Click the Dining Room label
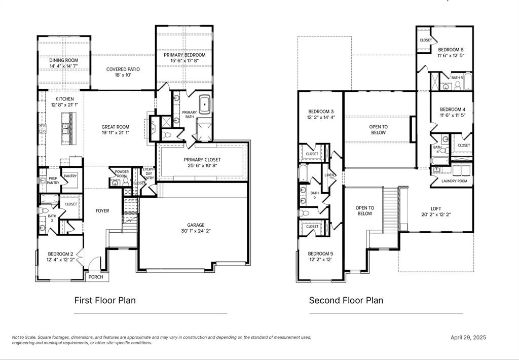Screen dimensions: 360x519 pos(63,60)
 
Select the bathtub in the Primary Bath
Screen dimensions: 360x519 pos(205,103)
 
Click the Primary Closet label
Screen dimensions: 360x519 pos(202,160)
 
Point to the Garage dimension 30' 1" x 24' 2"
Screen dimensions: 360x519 pos(196,231)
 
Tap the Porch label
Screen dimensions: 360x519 pos(96,277)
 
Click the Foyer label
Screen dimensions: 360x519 pos(102,211)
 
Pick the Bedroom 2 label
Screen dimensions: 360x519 pos(61,254)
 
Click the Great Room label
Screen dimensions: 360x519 pos(115,127)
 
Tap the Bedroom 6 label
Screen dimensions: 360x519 pos(451,49)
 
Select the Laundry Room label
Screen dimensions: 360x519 pos(454,181)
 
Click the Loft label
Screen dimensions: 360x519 pos(436,208)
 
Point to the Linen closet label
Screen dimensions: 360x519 pos(329,175)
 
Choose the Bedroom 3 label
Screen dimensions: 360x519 pos(321,112)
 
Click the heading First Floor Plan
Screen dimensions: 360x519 pos(105,300)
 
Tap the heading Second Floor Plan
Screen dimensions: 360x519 pos(346,300)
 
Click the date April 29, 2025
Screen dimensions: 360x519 pos(468,337)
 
